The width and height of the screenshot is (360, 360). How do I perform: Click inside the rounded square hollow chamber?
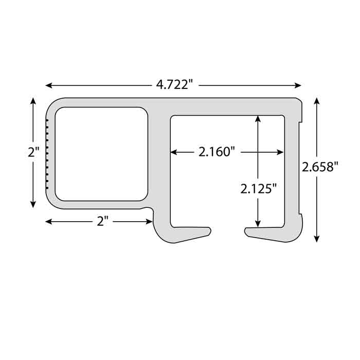[101, 154]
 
